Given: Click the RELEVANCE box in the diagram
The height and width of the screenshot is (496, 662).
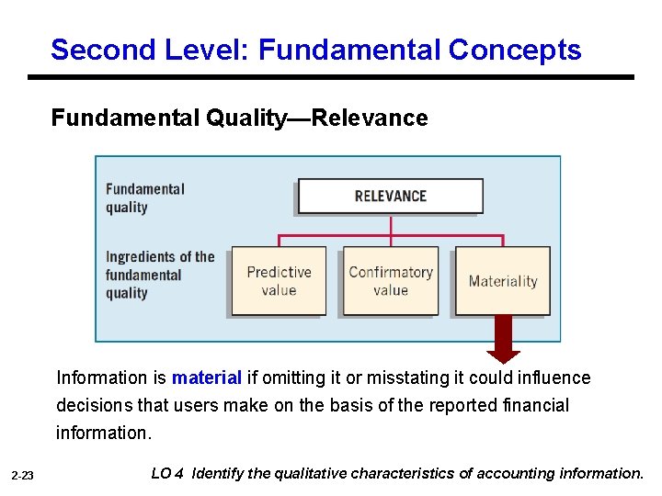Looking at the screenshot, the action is [x=390, y=196].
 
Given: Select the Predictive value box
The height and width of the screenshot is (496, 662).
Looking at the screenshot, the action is [x=279, y=281].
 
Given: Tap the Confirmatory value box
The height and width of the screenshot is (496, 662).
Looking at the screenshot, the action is [x=391, y=281].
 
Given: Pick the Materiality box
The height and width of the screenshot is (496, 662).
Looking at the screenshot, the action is [x=503, y=281].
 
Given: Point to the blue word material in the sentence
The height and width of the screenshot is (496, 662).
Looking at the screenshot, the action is [x=207, y=378].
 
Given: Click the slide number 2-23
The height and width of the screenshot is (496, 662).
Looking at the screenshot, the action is [x=23, y=476].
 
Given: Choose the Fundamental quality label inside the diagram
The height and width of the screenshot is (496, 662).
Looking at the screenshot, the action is [x=144, y=197].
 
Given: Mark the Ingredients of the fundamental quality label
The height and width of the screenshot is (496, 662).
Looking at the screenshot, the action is [x=159, y=275].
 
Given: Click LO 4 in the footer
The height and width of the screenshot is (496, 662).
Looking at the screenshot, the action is [x=166, y=474].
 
